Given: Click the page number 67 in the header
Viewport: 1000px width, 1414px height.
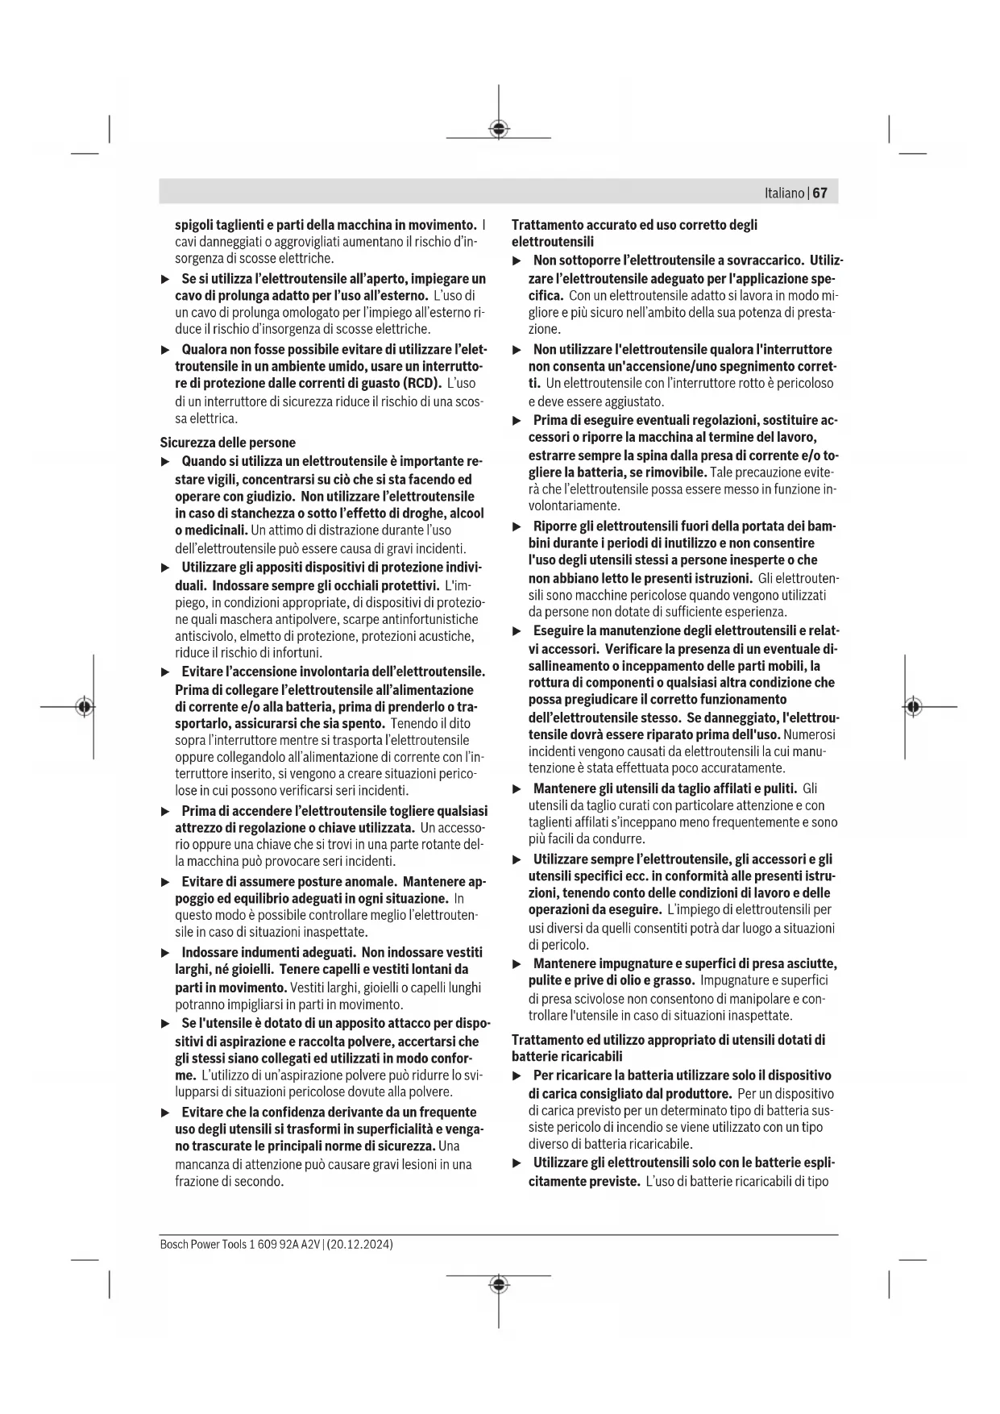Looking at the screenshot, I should pos(820,193).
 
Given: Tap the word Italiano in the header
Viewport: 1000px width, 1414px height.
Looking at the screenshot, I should pos(784,193).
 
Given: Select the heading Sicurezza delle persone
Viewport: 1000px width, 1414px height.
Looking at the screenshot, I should pos(227,443).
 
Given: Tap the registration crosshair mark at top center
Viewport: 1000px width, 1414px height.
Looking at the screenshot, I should pos(499,129).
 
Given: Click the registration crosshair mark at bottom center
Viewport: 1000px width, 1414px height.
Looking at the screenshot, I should pos(499,1283).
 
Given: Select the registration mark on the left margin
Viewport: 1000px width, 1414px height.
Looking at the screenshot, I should pos(84,707).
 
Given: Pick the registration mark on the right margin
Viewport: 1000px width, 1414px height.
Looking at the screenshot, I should pos(912,707).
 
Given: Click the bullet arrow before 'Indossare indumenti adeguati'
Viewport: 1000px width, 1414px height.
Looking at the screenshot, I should pos(165,953).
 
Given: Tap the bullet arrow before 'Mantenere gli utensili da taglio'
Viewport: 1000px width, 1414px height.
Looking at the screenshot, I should pos(517,789).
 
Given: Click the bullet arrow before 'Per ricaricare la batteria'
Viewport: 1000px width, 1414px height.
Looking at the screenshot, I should pos(517,1076).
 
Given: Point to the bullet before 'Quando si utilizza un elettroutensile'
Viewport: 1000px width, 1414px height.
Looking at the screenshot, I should pos(165,462).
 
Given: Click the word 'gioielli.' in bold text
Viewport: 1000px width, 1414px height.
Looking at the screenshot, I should pos(249,970).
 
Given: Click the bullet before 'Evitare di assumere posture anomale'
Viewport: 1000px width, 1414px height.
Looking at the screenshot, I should pos(165,883).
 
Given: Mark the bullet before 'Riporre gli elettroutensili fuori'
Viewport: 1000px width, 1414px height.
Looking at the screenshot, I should pos(517,527).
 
